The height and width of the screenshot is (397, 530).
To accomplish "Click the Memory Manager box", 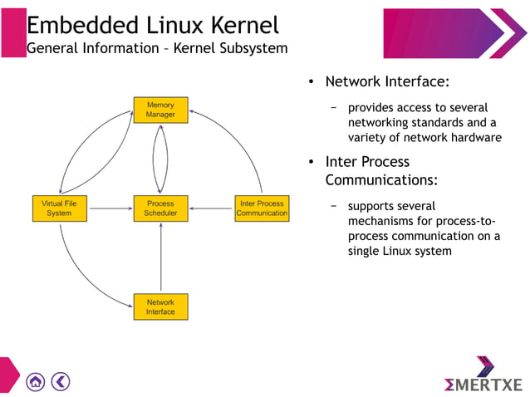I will tap(160, 110).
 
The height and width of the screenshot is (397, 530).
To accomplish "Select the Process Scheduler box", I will tap(160, 208).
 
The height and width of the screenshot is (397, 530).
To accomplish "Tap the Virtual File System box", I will tap(59, 208).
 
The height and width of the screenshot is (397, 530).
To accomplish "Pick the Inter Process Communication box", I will tap(262, 208).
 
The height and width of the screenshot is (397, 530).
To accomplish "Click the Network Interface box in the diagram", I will tap(160, 307).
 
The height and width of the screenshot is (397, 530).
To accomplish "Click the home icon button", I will tap(35, 381).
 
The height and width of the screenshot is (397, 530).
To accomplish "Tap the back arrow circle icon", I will tap(61, 381).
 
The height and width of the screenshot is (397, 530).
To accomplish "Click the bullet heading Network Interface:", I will tap(387, 82).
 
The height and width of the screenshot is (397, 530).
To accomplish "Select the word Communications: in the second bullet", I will tap(381, 179).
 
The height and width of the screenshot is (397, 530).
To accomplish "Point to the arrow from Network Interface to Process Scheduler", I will tap(160, 257).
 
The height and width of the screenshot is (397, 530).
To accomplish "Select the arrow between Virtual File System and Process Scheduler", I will tap(110, 208).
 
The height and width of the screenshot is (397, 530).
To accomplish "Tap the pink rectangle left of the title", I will tap(12, 33).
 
